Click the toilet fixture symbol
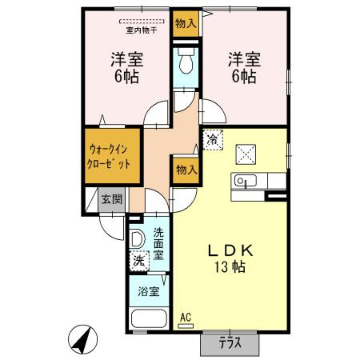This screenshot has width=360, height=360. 186,61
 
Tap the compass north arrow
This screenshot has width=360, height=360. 82,339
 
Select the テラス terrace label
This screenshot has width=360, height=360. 230,343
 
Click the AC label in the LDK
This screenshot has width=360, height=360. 186,318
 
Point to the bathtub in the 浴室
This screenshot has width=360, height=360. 149,318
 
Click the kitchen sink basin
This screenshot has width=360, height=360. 246,181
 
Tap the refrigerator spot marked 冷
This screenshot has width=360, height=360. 213,140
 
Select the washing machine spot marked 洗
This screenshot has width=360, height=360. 139,261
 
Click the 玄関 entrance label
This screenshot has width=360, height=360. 112,199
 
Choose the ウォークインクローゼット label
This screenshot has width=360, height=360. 109,157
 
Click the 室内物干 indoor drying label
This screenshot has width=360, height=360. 142,30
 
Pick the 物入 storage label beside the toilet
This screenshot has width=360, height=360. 186,23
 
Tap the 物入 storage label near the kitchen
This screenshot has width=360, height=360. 186,170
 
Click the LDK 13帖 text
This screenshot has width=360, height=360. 230,258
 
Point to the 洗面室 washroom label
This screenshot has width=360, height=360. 158,244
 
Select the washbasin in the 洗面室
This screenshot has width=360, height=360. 137,239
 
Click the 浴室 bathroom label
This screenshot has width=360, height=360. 149,292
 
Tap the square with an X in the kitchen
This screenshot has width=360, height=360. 246,154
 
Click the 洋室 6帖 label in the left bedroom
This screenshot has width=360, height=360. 127,68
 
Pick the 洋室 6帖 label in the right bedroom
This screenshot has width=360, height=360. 244,68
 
